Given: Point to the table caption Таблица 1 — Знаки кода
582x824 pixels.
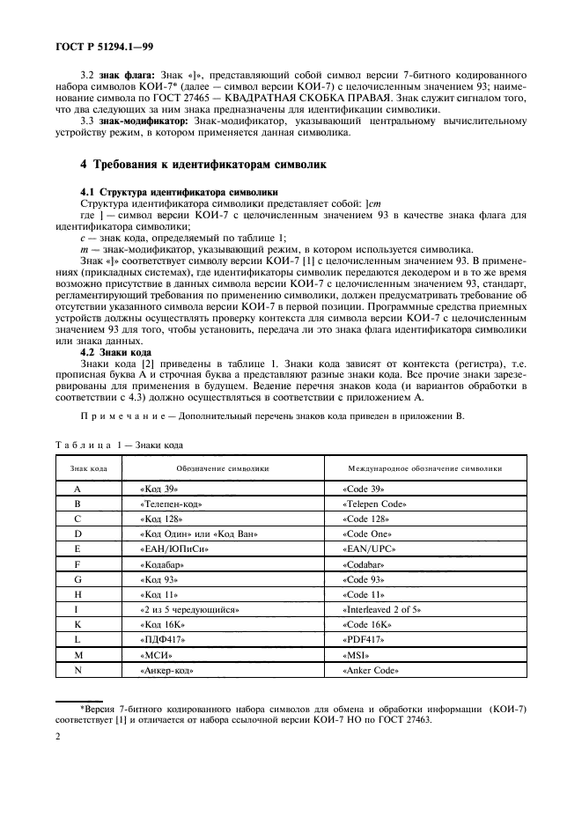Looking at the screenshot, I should click(x=120, y=444).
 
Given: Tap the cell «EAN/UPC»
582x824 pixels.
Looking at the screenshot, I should click(x=365, y=549).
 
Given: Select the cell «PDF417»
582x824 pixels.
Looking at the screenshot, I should click(x=362, y=640).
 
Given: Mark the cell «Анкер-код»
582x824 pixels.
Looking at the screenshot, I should click(x=166, y=670).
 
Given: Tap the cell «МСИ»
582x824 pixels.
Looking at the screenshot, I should click(x=155, y=655).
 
